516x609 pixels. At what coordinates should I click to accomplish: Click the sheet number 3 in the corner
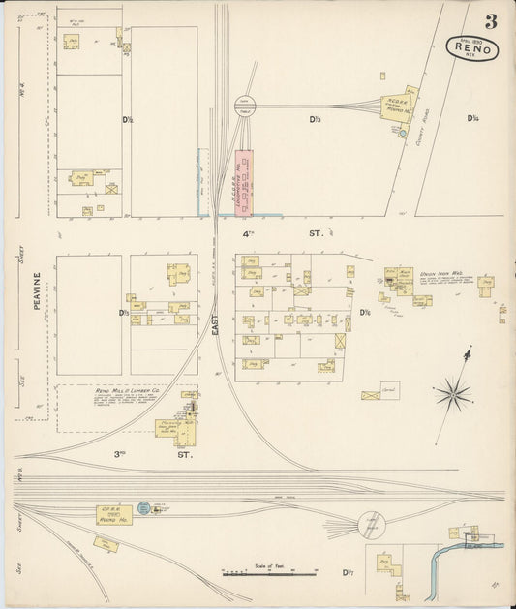click(x=492, y=20)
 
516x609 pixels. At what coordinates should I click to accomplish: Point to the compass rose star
click(x=451, y=393)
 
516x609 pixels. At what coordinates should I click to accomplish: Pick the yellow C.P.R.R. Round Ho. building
click(x=113, y=514)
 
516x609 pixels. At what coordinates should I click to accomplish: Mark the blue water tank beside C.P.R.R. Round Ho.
click(x=144, y=507)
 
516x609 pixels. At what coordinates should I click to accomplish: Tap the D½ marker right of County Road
click(x=473, y=119)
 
